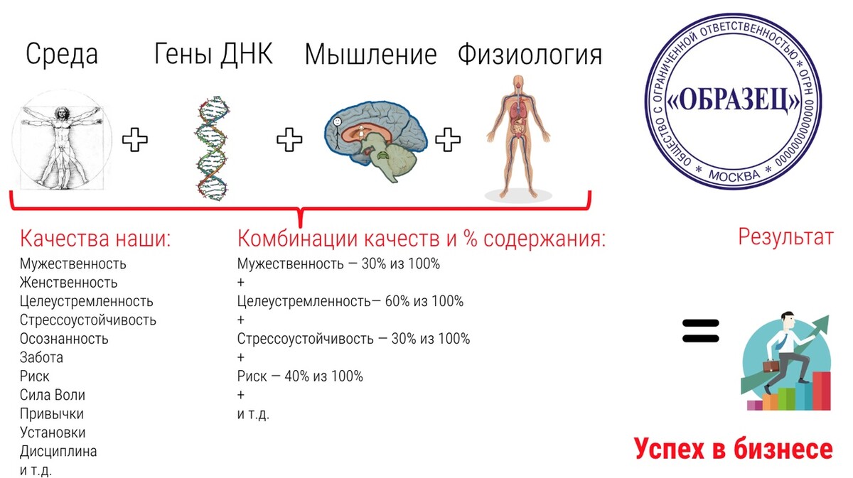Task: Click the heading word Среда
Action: (x=62, y=55)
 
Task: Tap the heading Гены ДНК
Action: (x=214, y=54)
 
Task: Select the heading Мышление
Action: (x=370, y=55)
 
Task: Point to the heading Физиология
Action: (x=530, y=55)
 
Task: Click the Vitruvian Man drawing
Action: (x=62, y=140)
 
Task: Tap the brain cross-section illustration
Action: (x=375, y=141)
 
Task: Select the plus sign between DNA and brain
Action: (x=289, y=140)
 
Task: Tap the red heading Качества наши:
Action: (x=95, y=239)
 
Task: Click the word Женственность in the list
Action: (x=68, y=283)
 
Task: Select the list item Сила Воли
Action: (x=53, y=395)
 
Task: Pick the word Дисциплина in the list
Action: (x=58, y=452)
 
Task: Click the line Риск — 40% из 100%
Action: (x=300, y=376)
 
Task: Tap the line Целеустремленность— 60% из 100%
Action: (x=350, y=301)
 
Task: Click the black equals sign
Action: (x=701, y=331)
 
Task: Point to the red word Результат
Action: (x=786, y=237)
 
